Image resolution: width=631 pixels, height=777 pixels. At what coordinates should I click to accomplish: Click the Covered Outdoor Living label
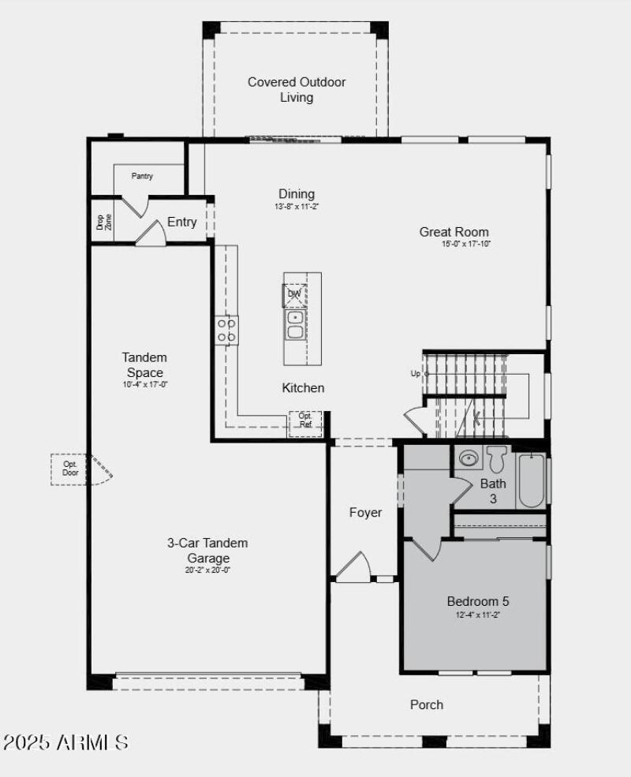tap(297, 90)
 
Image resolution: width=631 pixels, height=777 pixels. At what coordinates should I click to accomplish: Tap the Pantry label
tap(142, 176)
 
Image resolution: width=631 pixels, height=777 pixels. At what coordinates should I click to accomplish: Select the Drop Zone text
tap(99, 222)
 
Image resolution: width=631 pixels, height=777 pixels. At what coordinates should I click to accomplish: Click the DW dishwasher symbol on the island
tap(294, 294)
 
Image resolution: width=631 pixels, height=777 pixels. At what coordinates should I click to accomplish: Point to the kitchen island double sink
tap(296, 324)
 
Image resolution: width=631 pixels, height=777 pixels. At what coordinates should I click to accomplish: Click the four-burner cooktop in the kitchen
tap(227, 330)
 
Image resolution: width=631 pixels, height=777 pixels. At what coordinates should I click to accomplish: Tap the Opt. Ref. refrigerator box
tap(305, 421)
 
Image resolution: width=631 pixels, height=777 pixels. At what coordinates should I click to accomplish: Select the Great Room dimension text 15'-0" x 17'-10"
tap(466, 245)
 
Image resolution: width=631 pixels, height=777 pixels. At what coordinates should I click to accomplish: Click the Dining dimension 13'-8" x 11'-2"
tap(296, 207)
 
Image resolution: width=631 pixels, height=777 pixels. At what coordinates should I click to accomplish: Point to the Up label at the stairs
tap(416, 373)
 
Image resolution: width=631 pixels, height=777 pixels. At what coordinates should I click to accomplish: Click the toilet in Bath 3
tap(496, 458)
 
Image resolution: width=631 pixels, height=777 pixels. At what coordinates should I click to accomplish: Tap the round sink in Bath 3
tap(469, 458)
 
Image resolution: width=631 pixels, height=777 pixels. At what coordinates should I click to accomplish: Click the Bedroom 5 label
tap(472, 601)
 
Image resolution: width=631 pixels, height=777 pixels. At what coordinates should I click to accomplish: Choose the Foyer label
tap(365, 513)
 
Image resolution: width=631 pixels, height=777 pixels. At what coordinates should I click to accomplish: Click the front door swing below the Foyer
tap(353, 566)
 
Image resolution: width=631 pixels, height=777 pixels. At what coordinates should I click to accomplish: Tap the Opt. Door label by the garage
tap(71, 469)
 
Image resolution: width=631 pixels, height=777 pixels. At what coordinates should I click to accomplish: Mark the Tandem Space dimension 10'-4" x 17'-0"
tap(145, 385)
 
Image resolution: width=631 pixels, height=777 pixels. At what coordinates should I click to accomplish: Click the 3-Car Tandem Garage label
tap(207, 551)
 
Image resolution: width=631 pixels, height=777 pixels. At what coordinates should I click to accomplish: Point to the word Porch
tap(427, 704)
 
